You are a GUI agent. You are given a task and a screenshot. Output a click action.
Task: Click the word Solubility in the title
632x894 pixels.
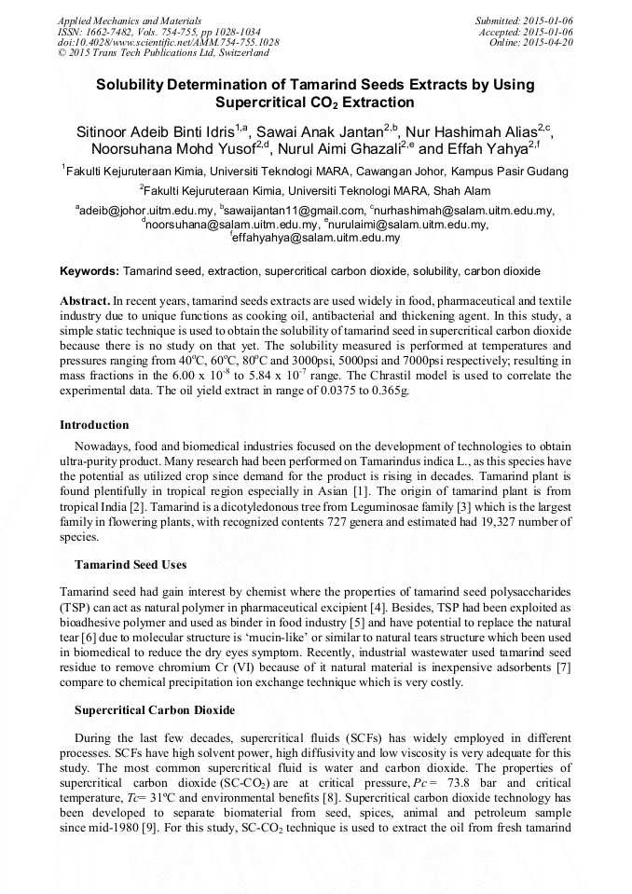click(x=135, y=85)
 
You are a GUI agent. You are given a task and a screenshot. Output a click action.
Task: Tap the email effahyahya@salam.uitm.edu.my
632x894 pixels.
click(x=318, y=238)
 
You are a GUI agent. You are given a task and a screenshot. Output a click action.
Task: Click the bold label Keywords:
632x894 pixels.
click(x=89, y=271)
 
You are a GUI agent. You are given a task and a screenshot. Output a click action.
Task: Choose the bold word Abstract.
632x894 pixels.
click(x=84, y=302)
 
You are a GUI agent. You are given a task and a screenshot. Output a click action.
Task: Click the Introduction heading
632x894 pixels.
click(x=94, y=424)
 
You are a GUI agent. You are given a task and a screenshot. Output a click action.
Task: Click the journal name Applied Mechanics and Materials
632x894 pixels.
click(x=130, y=20)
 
